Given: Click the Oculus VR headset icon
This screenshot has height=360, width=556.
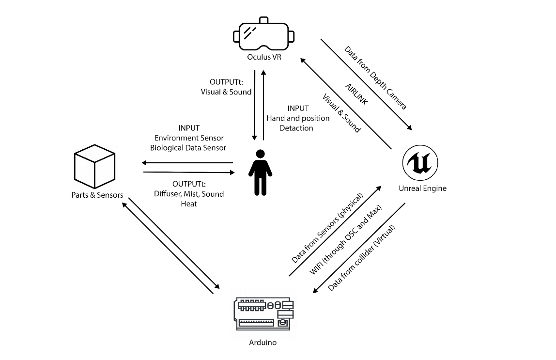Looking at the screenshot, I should point(263,34).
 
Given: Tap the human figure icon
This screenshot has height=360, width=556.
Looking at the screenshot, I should point(260,172).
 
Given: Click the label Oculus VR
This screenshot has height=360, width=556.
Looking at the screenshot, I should point(263,57).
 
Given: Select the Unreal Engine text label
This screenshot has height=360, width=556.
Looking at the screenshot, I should point(422,188).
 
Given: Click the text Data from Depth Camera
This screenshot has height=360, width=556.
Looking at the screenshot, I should point(375,78).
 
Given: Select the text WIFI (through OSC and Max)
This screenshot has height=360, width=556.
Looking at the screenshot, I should point(346,240).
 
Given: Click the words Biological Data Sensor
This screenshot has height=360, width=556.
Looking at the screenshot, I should point(188,148).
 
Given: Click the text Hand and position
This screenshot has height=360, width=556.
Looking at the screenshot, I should point(298,118).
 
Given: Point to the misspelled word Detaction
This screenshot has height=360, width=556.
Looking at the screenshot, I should point(296,128).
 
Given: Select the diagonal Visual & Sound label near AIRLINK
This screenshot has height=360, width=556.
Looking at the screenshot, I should point(342,112).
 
